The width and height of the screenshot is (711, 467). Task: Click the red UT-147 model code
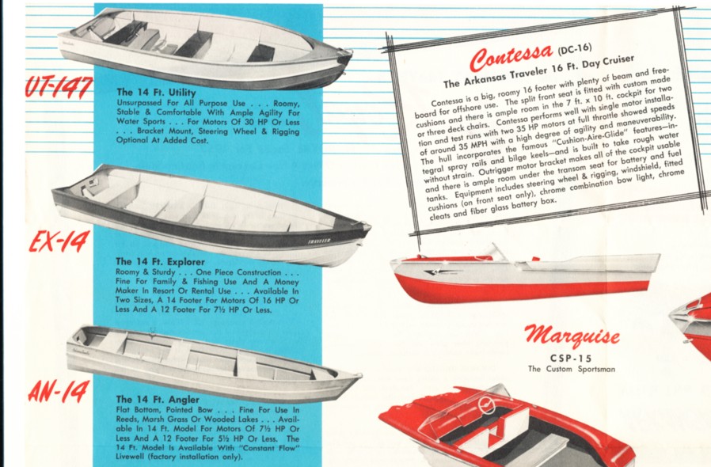(x=59, y=87)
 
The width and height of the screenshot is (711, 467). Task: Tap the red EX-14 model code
(x=59, y=241)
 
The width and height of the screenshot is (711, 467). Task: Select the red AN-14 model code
(x=59, y=392)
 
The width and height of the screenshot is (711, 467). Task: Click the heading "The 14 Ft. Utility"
(x=156, y=93)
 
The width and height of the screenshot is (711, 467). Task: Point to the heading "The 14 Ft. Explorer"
(x=160, y=262)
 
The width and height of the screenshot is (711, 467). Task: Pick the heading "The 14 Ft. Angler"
(x=158, y=400)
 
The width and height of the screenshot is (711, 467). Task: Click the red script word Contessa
(x=511, y=57)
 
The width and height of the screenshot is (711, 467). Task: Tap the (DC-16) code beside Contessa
(x=575, y=48)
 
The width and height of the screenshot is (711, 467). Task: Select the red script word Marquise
(x=572, y=336)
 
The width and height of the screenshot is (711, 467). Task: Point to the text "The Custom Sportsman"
(x=572, y=369)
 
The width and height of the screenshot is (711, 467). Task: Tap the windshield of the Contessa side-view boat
(x=500, y=252)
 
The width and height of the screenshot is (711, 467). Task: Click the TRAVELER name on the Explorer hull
(x=319, y=241)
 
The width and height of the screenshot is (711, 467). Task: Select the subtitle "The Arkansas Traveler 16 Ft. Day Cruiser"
(x=538, y=72)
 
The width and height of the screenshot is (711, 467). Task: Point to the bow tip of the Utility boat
(x=350, y=53)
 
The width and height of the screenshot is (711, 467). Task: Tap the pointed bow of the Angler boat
(x=359, y=375)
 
